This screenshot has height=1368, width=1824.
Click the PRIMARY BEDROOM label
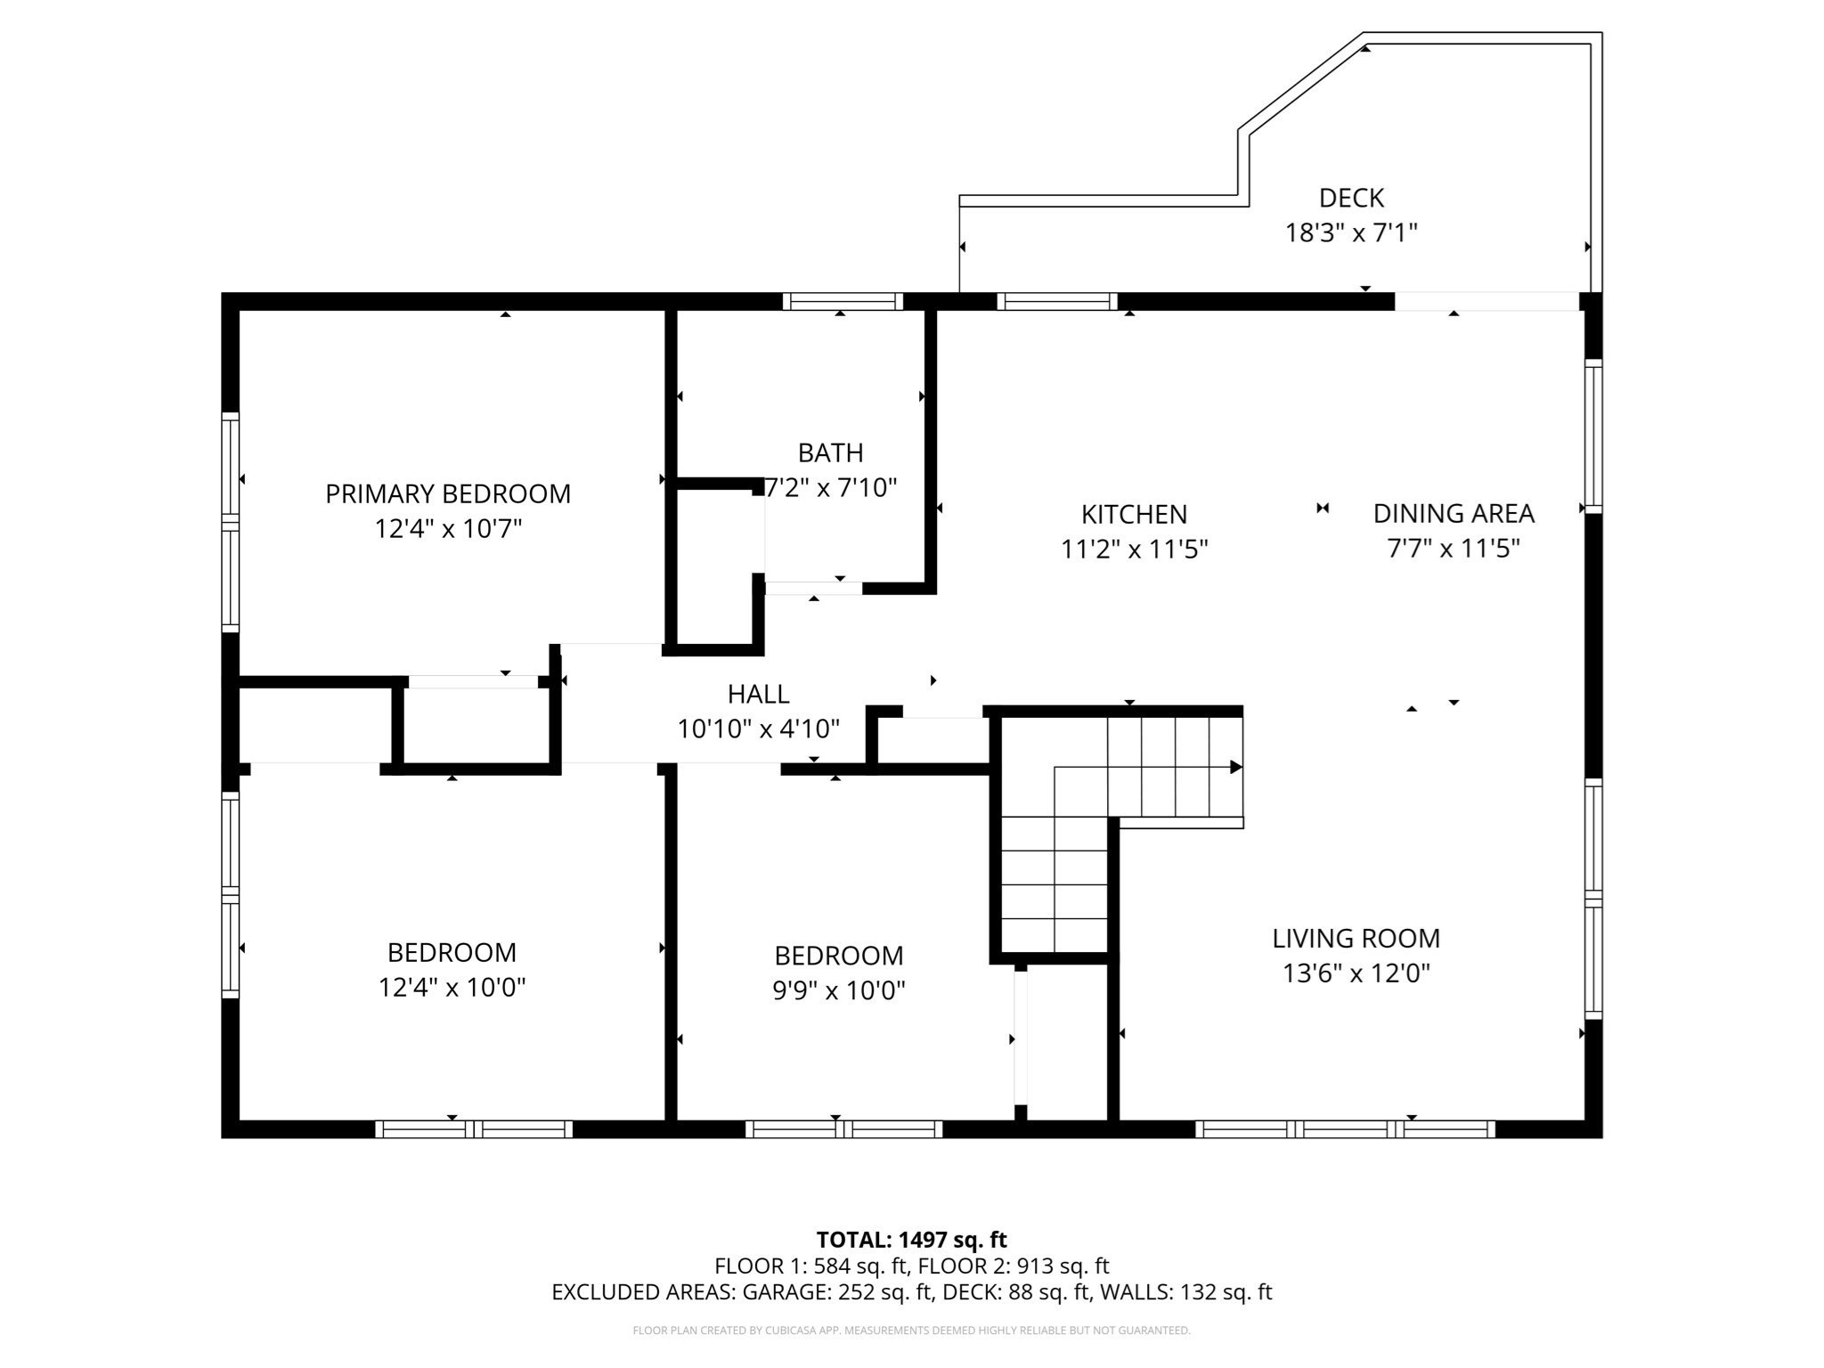pyautogui.click(x=447, y=493)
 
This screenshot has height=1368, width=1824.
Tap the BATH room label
pyautogui.click(x=830, y=452)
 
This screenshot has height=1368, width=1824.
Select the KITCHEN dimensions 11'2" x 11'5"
pyautogui.click(x=1133, y=549)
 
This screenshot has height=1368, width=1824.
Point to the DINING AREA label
pyautogui.click(x=1453, y=513)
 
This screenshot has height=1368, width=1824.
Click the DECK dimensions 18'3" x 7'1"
pyautogui.click(x=1350, y=232)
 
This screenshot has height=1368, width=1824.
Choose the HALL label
pyautogui.click(x=758, y=693)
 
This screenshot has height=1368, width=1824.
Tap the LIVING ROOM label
pyautogui.click(x=1355, y=938)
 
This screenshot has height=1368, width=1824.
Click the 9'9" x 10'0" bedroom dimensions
pyautogui.click(x=838, y=990)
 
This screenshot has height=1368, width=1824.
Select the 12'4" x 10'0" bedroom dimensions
pyautogui.click(x=452, y=987)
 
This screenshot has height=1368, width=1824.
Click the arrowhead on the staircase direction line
pyautogui.click(x=1235, y=767)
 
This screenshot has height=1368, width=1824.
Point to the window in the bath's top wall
pyautogui.click(x=843, y=302)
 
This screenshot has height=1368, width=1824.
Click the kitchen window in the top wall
pyautogui.click(x=1056, y=302)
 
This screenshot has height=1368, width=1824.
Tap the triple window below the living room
pyautogui.click(x=1345, y=1129)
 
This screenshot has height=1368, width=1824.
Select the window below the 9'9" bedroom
pyautogui.click(x=843, y=1129)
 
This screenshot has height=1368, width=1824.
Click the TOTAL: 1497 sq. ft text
pyautogui.click(x=911, y=1240)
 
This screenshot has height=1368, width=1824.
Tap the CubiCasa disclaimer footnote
pyautogui.click(x=911, y=1331)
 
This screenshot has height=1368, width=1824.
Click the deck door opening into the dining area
pyautogui.click(x=1486, y=302)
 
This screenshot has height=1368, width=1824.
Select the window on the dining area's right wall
pyautogui.click(x=1592, y=436)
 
